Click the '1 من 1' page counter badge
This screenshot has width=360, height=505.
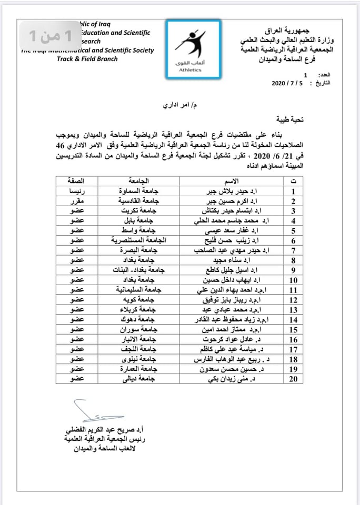coord(49,36)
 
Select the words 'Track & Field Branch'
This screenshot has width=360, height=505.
coord(87,59)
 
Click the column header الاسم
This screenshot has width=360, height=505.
coord(231,181)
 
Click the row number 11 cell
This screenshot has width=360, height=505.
coord(294,289)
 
